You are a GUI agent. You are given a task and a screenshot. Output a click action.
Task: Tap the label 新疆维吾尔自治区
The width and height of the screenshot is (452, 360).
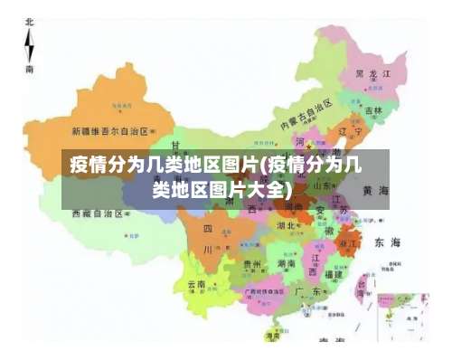109,130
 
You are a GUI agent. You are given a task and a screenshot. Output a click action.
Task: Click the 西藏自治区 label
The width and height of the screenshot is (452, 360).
99,214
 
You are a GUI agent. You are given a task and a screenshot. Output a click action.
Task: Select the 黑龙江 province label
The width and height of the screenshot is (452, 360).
372,72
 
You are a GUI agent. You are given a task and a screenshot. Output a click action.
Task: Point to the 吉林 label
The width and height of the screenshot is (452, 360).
372,110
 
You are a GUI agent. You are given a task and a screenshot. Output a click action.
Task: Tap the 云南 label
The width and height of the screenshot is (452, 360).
196,284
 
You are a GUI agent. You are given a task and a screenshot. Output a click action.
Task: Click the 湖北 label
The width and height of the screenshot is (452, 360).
286,226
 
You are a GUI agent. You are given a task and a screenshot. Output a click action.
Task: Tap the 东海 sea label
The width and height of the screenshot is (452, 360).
387,242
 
